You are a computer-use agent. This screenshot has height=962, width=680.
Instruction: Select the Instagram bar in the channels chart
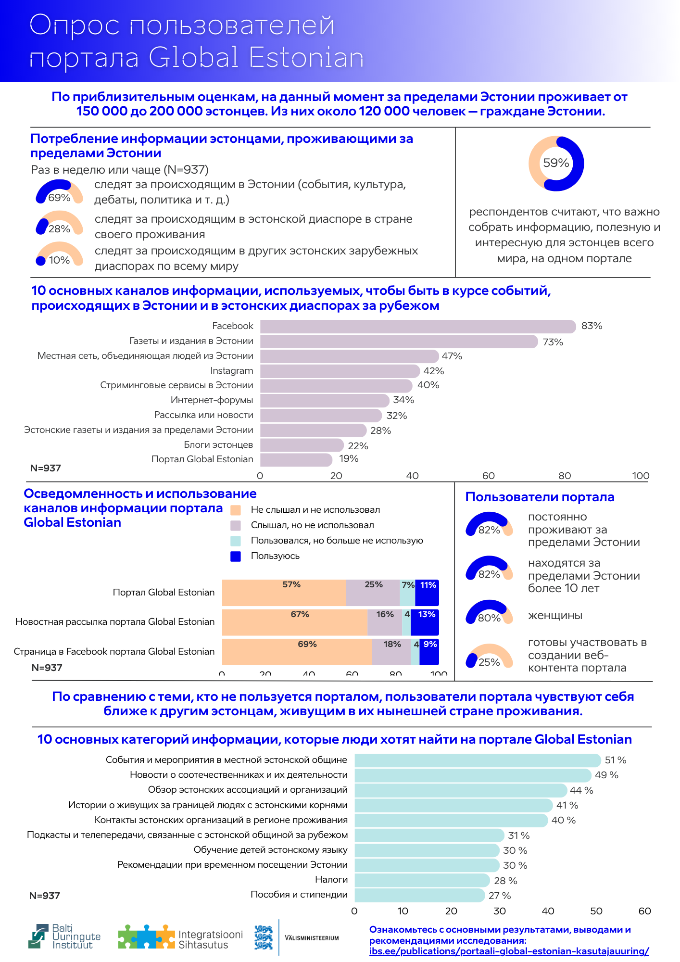click(x=340, y=371)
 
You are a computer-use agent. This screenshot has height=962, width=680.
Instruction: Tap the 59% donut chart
click(x=556, y=164)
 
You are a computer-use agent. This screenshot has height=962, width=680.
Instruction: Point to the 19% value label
click(x=349, y=459)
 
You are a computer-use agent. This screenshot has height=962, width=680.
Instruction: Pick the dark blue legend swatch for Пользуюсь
click(x=236, y=557)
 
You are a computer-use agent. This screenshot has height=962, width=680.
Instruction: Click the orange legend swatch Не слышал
click(x=236, y=510)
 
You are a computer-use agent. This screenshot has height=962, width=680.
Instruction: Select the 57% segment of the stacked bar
click(x=284, y=593)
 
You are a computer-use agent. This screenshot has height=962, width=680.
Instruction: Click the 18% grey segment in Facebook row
click(x=391, y=652)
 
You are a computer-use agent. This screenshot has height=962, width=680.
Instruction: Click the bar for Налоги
click(x=422, y=880)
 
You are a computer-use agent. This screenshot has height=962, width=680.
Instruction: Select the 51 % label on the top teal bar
click(x=615, y=760)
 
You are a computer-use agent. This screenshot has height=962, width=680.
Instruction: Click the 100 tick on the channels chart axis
click(x=641, y=476)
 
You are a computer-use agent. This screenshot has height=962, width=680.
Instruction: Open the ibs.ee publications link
click(x=509, y=951)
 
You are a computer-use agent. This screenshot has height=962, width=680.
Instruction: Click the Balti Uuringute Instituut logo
click(x=64, y=937)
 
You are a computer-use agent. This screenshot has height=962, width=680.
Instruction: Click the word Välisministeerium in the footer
click(x=312, y=938)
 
